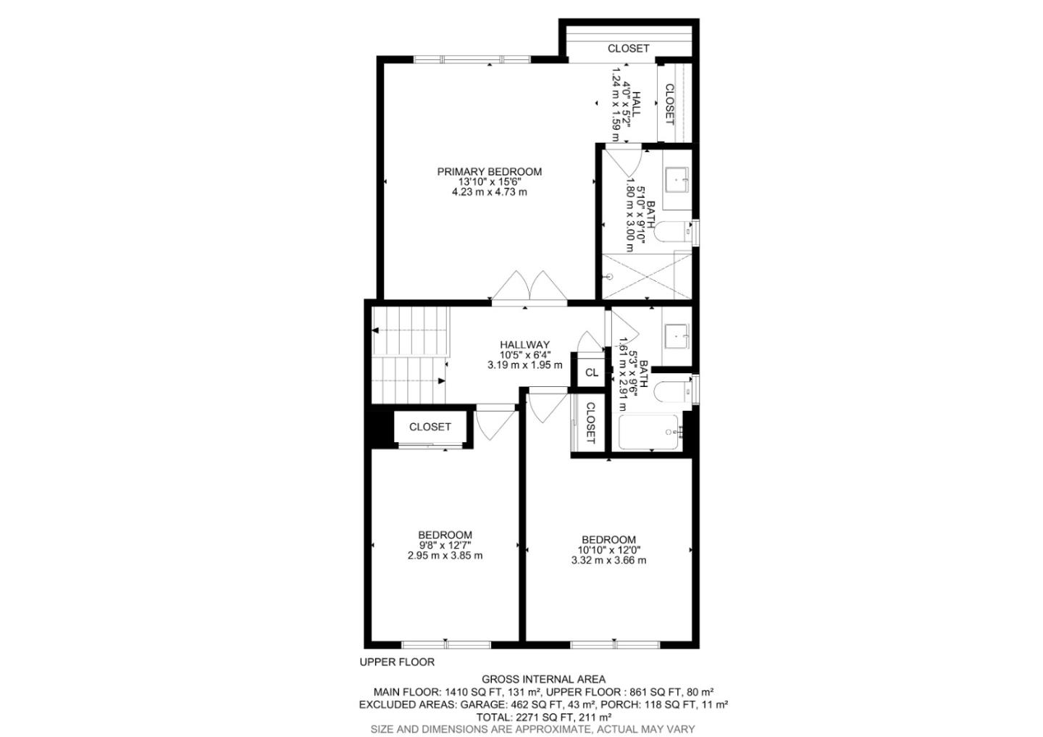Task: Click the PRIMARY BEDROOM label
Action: (x=490, y=172)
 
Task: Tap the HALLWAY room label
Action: (x=524, y=345)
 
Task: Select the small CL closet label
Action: (x=591, y=372)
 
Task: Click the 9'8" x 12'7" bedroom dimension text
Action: (x=445, y=545)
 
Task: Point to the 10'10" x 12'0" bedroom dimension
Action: (x=608, y=550)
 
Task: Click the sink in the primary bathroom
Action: (x=677, y=180)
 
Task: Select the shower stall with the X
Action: (x=647, y=276)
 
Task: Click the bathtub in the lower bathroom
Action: (x=648, y=432)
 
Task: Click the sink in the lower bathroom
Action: (x=677, y=336)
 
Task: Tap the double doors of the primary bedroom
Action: (x=529, y=287)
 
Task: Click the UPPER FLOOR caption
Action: (x=397, y=662)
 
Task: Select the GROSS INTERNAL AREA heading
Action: (x=543, y=679)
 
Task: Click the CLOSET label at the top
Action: (x=628, y=49)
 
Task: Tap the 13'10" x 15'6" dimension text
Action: (x=490, y=182)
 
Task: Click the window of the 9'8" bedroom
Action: (x=446, y=645)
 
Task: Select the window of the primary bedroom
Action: (x=472, y=59)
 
